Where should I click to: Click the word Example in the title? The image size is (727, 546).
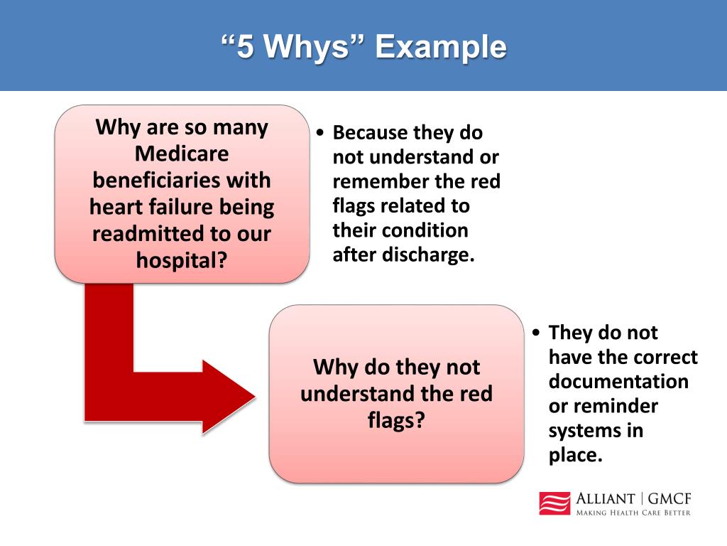(441, 48)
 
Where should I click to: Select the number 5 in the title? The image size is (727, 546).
(244, 48)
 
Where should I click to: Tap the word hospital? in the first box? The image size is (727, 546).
(182, 259)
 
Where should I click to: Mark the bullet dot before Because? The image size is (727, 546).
(322, 134)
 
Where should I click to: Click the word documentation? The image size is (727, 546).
(618, 382)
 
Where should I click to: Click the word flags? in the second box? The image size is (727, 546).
(396, 419)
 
